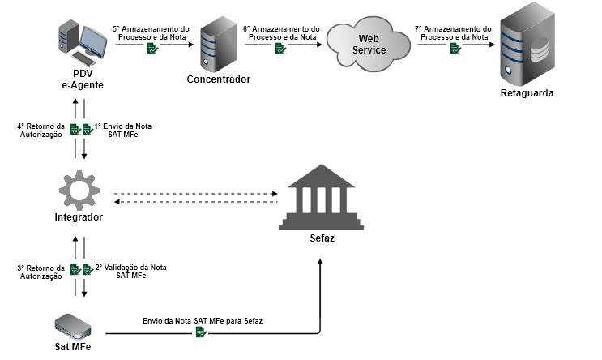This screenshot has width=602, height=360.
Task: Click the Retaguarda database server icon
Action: click(x=527, y=49)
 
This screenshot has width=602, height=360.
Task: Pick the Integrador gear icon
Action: click(x=79, y=191)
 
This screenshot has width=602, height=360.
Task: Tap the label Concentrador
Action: click(x=219, y=79)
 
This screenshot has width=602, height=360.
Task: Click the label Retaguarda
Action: click(x=527, y=93)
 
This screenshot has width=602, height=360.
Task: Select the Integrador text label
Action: click(x=79, y=219)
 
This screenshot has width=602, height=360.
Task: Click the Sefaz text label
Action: click(x=322, y=240)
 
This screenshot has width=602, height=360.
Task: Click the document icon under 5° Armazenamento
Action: click(x=152, y=49)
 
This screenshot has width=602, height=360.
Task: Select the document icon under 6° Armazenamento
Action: click(x=280, y=49)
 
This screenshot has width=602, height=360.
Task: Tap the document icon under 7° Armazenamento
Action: click(x=455, y=49)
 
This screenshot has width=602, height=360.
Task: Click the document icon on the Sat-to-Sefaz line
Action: click(x=200, y=332)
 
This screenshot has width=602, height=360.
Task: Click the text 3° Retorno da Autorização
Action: click(x=40, y=272)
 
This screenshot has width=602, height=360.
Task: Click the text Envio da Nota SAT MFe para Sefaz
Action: click(x=202, y=320)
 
